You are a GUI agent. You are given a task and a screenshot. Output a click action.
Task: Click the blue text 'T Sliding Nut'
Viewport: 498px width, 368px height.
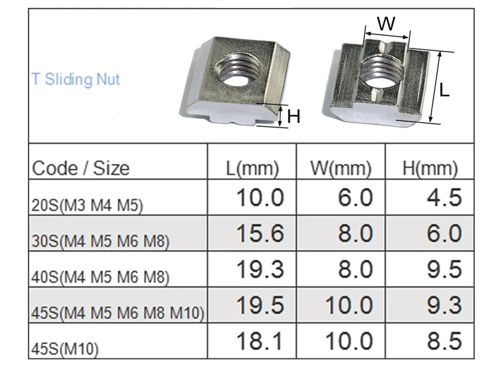click(76, 79)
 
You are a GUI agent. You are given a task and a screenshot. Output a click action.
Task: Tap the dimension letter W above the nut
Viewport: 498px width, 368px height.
click(386, 23)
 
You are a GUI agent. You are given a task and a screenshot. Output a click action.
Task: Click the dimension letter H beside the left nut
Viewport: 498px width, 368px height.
click(293, 116)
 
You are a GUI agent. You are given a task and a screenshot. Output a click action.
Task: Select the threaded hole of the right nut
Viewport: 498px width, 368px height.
click(383, 72)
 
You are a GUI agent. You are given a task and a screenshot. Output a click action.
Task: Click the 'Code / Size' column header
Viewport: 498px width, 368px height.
click(80, 168)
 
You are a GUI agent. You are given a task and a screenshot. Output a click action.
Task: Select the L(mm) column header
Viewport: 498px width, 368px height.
click(252, 169)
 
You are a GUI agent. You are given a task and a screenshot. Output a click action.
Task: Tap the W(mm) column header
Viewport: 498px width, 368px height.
click(341, 168)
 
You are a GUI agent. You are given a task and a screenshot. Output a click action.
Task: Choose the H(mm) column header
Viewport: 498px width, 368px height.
click(430, 169)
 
